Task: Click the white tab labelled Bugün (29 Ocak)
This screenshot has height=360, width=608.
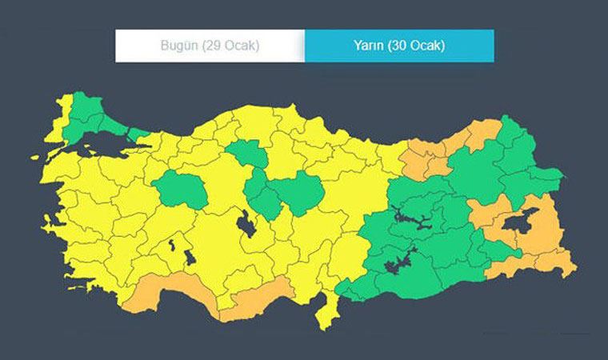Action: (210, 46)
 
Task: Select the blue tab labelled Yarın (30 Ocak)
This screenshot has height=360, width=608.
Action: (399, 46)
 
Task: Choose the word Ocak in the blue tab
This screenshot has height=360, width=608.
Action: (428, 46)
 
